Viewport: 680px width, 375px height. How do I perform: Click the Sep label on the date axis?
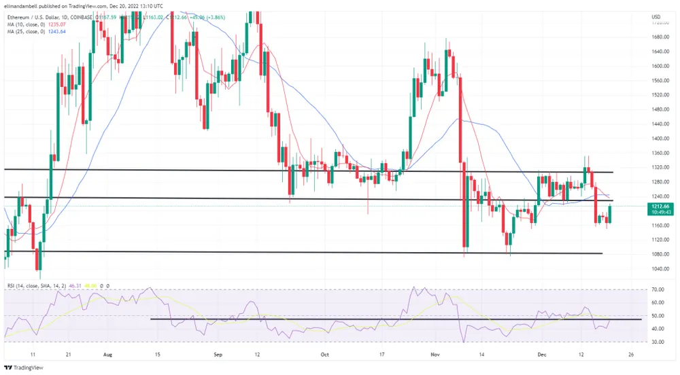pos(218,355)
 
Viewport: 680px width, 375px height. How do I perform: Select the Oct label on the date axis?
pos(324,355)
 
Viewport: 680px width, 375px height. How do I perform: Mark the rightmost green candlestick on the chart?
pos(609,214)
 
